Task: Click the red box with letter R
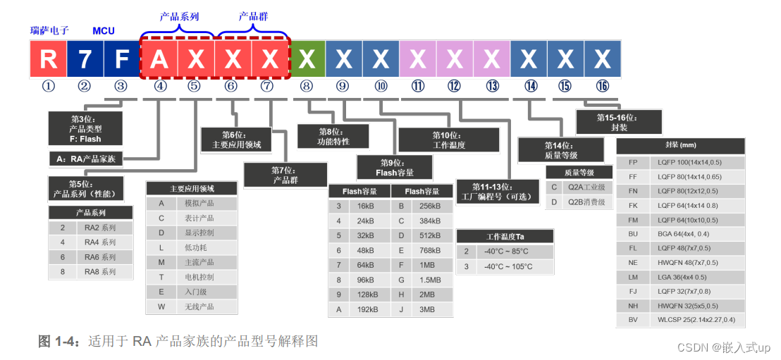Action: [48, 58]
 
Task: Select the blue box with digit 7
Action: [85, 58]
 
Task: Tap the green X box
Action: [307, 58]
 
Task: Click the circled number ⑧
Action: [307, 87]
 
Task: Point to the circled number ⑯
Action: [602, 87]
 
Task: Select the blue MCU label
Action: [104, 31]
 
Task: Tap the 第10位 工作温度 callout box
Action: [449, 139]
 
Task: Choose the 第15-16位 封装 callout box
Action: [619, 122]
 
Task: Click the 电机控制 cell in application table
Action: [199, 277]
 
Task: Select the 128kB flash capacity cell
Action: [367, 294]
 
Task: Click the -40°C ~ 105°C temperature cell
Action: [506, 267]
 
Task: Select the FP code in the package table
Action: [632, 161]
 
